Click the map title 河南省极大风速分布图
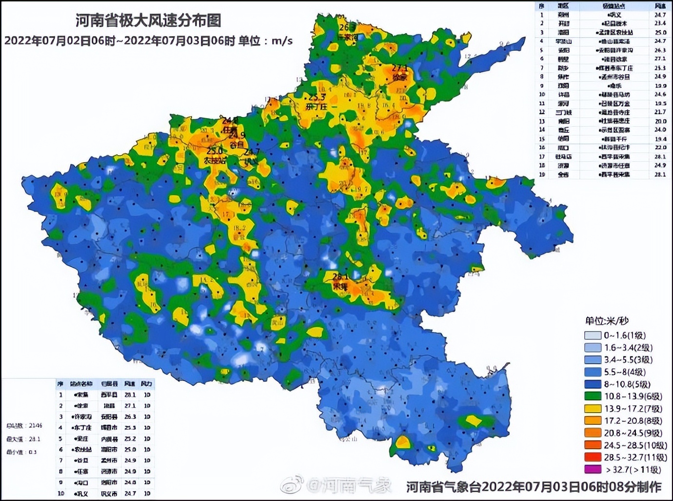pos(148,21)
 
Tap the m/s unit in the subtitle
pos(282,41)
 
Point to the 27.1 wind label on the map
pos(399,69)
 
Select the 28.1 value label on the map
pos(340,277)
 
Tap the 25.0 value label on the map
pos(214,151)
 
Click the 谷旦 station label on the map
pos(237,145)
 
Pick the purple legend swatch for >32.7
pos(593,470)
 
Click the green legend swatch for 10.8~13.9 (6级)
pos(593,397)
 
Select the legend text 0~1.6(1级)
pos(625,335)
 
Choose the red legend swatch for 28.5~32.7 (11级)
pos(593,458)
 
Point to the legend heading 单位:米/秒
pos(607,321)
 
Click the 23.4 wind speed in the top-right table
pos(660,23)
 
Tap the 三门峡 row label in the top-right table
pos(563,112)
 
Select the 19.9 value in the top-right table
pos(660,85)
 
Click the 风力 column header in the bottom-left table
pos(146,384)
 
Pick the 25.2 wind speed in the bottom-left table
pos(130,438)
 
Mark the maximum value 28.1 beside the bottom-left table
pos(34,439)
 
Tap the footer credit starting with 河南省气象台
pos(534,487)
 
